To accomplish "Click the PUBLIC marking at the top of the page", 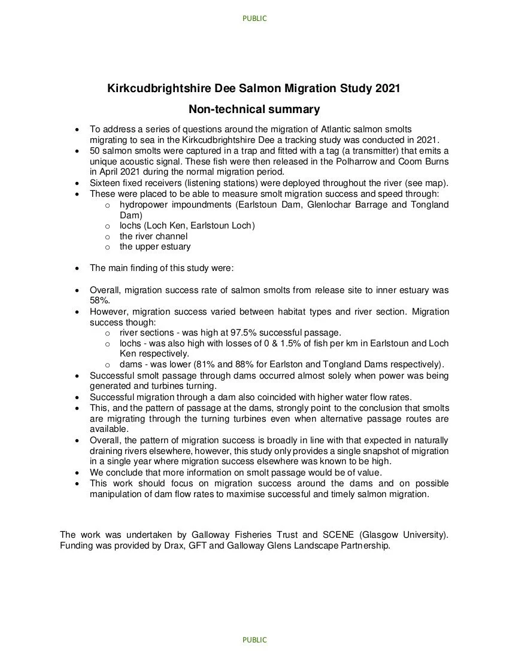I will [255, 19].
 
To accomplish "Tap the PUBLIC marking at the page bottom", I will [255, 639].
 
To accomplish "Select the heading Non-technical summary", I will [254, 109].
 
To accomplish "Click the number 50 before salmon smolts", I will [95, 150].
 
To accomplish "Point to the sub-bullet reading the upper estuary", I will [155, 246].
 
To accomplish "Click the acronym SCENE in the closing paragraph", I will [340, 534].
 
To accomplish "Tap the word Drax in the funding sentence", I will [164, 546].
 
